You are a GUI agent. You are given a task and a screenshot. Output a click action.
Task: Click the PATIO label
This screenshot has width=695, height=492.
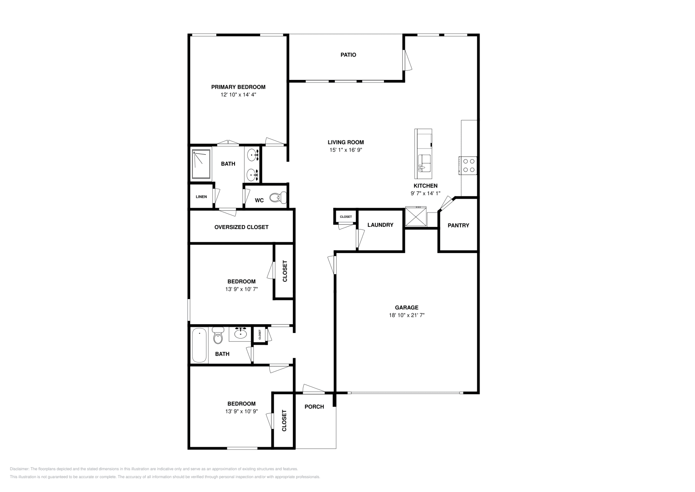tap(348, 55)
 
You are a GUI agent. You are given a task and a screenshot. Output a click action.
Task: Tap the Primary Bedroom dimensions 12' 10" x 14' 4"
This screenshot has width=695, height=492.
tap(238, 94)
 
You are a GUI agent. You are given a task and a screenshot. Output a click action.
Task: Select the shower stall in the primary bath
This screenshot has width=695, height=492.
tap(201, 164)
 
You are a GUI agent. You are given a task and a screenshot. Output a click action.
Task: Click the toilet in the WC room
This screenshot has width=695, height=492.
tap(277, 198)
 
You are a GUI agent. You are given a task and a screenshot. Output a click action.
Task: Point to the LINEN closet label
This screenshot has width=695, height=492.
tap(201, 197)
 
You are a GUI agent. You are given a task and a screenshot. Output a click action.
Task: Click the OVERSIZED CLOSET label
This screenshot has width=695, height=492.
tap(241, 227)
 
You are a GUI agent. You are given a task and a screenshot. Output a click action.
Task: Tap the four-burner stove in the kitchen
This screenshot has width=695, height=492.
tap(468, 165)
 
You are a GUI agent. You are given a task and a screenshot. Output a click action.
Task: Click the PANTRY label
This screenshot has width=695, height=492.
tap(458, 225)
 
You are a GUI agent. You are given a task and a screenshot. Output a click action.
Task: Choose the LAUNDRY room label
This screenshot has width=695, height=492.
tap(380, 225)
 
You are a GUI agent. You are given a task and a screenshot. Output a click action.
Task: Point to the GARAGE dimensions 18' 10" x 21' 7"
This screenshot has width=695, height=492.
tap(407, 315)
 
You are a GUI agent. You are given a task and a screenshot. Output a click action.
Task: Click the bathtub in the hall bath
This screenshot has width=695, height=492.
tap(199, 345)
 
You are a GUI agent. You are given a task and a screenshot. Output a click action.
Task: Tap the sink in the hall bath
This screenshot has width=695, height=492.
tap(240, 333)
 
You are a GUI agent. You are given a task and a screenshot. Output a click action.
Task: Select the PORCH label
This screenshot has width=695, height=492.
tap(314, 407)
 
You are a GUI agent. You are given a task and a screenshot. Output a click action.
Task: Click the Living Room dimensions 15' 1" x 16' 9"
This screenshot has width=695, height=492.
tap(345, 150)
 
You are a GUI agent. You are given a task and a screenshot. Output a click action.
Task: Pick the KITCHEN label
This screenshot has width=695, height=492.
tap(425, 186)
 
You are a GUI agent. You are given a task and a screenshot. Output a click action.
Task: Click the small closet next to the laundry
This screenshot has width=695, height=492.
tap(346, 216)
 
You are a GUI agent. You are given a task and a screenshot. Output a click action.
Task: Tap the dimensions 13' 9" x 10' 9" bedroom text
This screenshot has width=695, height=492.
tap(242, 411)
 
